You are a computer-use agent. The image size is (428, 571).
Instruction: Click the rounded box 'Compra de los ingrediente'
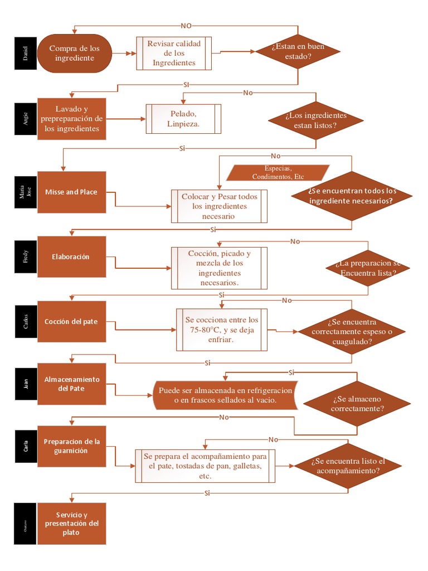point(75,54)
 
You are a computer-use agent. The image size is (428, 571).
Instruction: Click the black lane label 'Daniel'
point(26,54)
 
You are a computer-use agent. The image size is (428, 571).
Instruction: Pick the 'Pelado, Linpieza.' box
point(183,119)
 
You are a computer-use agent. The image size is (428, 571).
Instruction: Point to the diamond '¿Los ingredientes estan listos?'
point(315,120)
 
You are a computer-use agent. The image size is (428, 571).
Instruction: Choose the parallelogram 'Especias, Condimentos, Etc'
point(278,172)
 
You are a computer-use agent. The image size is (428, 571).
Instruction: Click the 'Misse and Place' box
point(71,192)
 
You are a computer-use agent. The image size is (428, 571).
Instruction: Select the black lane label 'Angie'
point(26,119)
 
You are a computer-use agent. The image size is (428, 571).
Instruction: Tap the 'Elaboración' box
point(71,257)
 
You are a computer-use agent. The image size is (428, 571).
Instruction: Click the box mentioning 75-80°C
point(222,330)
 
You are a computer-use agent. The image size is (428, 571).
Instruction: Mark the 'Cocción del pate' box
point(71,322)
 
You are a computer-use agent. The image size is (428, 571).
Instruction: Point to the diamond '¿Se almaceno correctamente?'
point(357,404)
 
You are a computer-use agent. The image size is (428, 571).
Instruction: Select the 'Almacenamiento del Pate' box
point(71,384)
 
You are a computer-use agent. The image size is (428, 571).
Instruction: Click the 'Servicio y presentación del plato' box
point(71,524)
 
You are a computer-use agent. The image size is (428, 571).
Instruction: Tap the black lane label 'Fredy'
point(26,257)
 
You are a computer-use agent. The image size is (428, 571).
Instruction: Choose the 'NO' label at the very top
point(186,26)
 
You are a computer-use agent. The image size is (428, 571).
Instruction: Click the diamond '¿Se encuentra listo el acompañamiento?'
point(348,466)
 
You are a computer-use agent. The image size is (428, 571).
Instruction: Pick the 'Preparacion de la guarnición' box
point(71,446)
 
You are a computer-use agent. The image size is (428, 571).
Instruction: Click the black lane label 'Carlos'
point(26,322)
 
